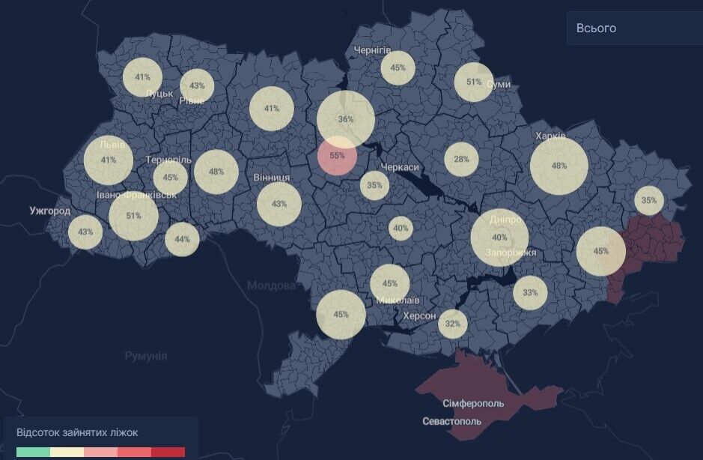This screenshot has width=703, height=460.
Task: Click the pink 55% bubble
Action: click(337, 156)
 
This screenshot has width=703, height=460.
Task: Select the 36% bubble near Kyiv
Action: click(345, 119)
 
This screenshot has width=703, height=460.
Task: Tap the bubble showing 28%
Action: click(461, 159)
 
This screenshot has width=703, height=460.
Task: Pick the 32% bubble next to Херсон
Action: click(452, 324)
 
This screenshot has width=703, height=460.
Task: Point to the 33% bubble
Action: click(530, 292)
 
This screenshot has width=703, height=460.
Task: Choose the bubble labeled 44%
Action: click(182, 240)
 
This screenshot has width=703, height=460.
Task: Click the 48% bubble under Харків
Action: click(559, 166)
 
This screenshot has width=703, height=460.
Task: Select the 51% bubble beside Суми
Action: click(473, 82)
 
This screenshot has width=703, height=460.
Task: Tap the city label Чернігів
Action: click(372, 49)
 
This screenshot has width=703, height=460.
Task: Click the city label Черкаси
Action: click(400, 167)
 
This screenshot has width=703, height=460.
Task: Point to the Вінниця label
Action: click(272, 178)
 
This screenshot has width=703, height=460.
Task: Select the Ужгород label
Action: click(50, 211)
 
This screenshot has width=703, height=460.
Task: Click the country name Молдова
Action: click(271, 285)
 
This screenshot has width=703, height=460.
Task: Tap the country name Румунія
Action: click(146, 356)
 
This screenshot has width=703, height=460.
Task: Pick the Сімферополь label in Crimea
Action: click(473, 403)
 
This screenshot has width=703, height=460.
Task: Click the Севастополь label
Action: click(452, 421)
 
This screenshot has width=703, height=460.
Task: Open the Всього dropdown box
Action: click(633, 28)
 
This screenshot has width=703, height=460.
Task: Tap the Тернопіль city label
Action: click(169, 160)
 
